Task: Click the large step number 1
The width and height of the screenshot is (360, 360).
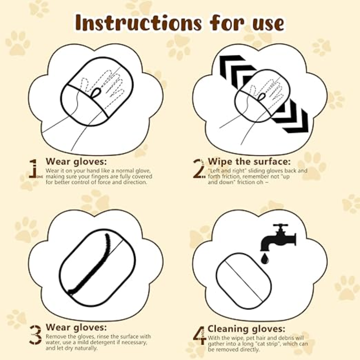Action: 33,168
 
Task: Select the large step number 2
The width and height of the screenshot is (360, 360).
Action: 199,169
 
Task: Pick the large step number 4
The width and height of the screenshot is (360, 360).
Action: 200,335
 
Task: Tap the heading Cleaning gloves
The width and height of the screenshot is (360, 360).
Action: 246,329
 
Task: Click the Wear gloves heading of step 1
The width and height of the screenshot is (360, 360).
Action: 76,162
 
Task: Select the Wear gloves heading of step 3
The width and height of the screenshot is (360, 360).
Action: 76,327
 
